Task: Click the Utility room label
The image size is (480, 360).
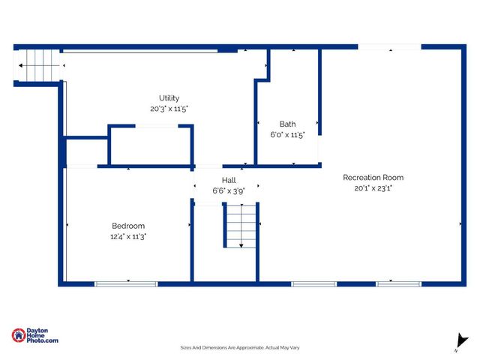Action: pyautogui.click(x=169, y=98)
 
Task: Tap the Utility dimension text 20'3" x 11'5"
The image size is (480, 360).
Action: pyautogui.click(x=169, y=109)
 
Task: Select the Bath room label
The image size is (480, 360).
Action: pyautogui.click(x=287, y=124)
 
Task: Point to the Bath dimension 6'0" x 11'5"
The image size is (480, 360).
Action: pyautogui.click(x=287, y=135)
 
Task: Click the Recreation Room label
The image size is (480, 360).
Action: pyautogui.click(x=373, y=178)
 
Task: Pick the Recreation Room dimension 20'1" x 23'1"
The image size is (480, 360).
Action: pyautogui.click(x=373, y=188)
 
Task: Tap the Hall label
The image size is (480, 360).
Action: pyautogui.click(x=229, y=180)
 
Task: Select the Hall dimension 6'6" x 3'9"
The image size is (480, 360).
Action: pyautogui.click(x=229, y=190)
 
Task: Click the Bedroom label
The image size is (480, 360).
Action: pyautogui.click(x=128, y=226)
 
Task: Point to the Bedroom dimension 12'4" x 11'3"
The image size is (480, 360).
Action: pyautogui.click(x=128, y=236)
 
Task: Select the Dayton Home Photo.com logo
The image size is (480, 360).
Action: pyautogui.click(x=34, y=337)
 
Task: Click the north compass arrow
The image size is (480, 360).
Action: pyautogui.click(x=458, y=342)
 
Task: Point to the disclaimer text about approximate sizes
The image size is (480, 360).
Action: pyautogui.click(x=240, y=347)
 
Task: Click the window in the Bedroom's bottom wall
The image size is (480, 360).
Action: pyautogui.click(x=126, y=283)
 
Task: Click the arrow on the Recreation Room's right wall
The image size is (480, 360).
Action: pyautogui.click(x=460, y=223)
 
